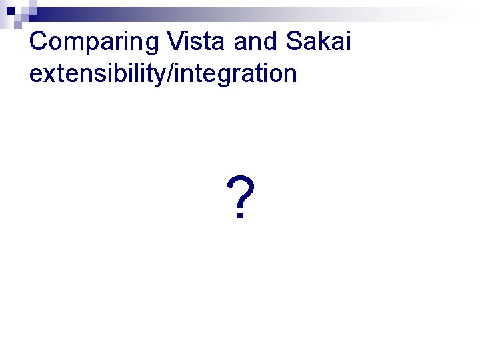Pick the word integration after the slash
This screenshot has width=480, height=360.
(235, 73)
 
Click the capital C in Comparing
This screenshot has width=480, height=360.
(39, 41)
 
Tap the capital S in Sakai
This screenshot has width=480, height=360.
(294, 41)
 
